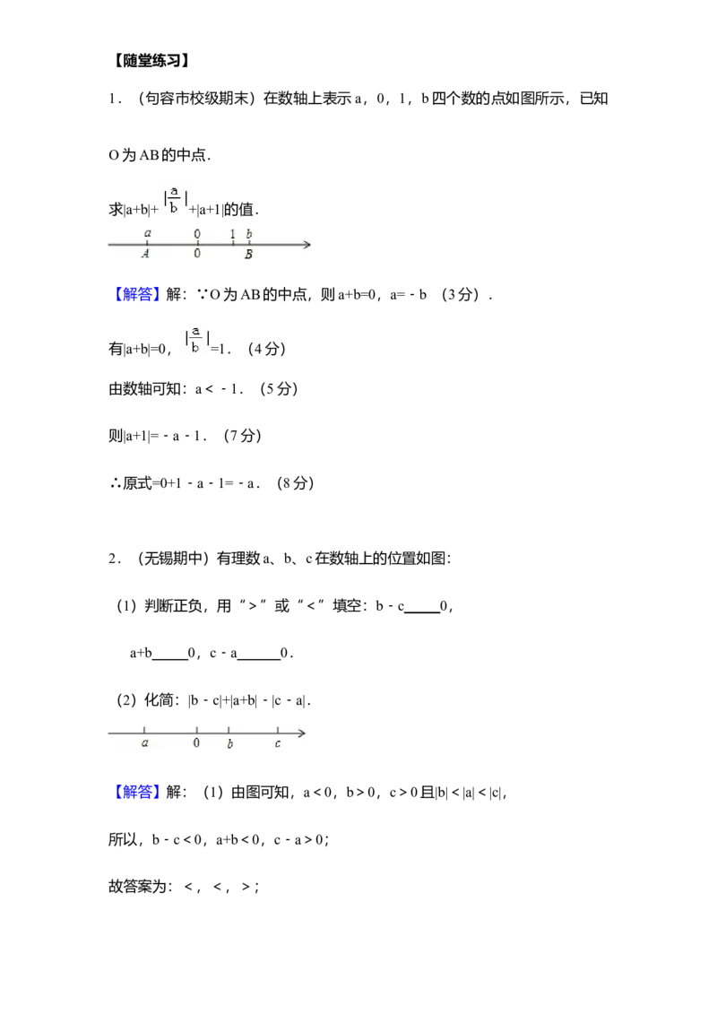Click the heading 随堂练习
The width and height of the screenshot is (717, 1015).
(x=151, y=61)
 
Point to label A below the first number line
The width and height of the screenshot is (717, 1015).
(x=145, y=255)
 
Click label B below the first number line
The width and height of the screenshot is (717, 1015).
(x=248, y=255)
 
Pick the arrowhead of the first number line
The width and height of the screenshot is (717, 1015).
(x=307, y=244)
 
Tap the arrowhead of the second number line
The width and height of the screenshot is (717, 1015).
(x=301, y=733)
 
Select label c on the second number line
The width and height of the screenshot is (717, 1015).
(x=278, y=744)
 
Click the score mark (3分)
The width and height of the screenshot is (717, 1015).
(x=460, y=294)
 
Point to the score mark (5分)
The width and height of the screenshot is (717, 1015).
(x=279, y=389)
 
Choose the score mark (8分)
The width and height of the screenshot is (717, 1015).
(x=295, y=483)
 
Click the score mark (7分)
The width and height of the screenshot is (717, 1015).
(x=243, y=436)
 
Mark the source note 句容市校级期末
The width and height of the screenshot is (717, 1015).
(x=197, y=99)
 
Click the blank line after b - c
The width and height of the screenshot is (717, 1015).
(x=422, y=612)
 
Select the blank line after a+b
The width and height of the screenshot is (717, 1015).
(x=169, y=659)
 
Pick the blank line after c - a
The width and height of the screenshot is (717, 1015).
(x=259, y=659)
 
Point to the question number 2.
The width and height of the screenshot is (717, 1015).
(x=112, y=559)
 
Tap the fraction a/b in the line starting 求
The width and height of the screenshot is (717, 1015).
(x=174, y=200)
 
